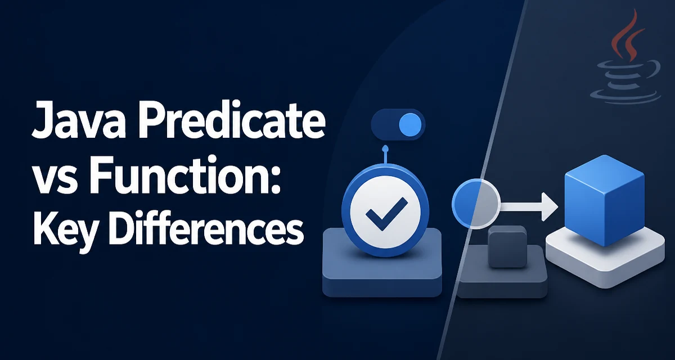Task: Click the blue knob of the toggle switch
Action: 410,124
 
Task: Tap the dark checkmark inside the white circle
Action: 386,213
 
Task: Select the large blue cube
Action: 604,200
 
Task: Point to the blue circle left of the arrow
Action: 476,204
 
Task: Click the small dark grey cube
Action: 507,246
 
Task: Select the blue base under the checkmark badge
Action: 382,262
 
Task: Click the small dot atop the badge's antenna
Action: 385,148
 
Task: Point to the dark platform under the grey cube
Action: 502,271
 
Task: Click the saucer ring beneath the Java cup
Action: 625,96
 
